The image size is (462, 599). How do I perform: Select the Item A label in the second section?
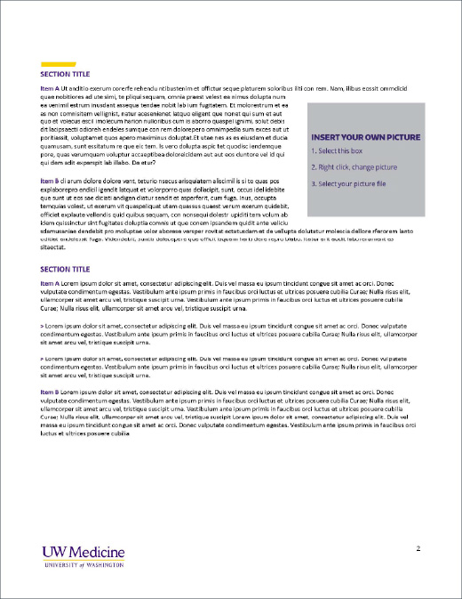point(50,283)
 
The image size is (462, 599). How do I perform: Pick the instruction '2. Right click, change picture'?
point(354,167)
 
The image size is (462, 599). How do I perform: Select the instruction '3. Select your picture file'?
point(348,183)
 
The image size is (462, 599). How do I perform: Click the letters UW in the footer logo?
point(53,552)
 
